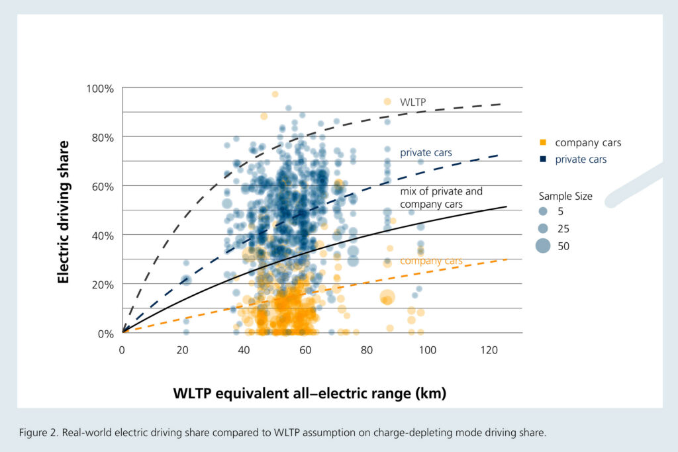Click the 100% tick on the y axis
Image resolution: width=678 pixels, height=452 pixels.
tap(101, 88)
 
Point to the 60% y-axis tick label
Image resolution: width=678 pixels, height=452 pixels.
tap(103, 186)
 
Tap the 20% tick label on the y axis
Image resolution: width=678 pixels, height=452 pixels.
tap(103, 284)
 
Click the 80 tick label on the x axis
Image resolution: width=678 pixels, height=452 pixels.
tap(366, 348)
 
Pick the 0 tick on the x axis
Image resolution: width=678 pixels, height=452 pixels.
tap(122, 348)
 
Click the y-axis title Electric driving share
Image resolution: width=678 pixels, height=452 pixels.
tap(64, 212)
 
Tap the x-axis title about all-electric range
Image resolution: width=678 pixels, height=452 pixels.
tap(309, 394)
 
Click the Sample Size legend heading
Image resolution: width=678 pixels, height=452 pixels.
tap(565, 196)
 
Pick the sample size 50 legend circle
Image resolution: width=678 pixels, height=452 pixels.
tap(543, 246)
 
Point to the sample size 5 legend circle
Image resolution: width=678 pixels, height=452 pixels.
tap(543, 212)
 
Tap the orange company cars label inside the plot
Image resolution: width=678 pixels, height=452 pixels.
tap(431, 261)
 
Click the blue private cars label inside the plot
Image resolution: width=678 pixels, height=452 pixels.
tap(426, 153)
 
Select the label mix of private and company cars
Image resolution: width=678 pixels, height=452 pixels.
tap(441, 197)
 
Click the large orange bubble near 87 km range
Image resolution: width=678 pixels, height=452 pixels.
tap(387, 297)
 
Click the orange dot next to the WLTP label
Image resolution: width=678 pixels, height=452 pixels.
tap(388, 101)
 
